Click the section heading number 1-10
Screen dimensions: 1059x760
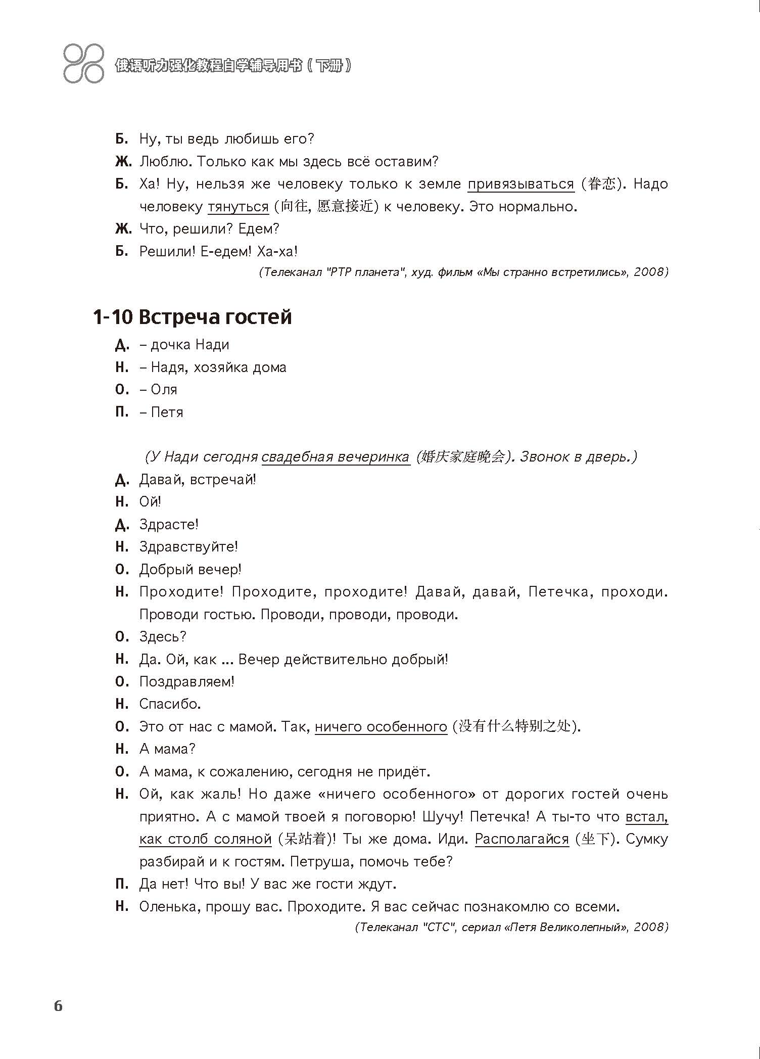point(113,317)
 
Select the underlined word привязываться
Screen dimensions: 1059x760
point(520,184)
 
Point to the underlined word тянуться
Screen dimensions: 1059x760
point(238,207)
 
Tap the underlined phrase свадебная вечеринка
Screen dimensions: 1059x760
point(336,457)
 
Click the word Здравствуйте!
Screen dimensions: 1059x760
point(188,546)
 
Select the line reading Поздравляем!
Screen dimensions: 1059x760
point(187,681)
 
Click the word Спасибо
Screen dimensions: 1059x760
point(170,704)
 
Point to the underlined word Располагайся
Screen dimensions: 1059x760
point(522,839)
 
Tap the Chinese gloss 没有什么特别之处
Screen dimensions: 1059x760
point(514,726)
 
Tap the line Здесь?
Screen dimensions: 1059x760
point(163,636)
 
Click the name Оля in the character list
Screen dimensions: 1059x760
point(164,390)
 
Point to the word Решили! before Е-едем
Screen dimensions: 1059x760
point(167,251)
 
